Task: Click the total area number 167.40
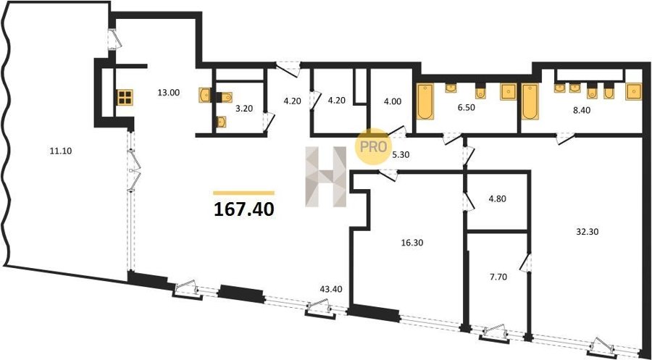pyautogui.click(x=244, y=209)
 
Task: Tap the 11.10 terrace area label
pyautogui.click(x=61, y=151)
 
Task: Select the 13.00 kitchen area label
pyautogui.click(x=168, y=93)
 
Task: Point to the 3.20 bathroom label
pyautogui.click(x=244, y=109)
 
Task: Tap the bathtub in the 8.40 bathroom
pyautogui.click(x=530, y=102)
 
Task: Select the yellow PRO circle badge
pyautogui.click(x=373, y=146)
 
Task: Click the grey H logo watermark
pyautogui.click(x=325, y=177)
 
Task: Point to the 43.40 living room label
pyautogui.click(x=331, y=289)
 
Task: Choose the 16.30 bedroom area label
pyautogui.click(x=411, y=243)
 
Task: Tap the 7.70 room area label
pyautogui.click(x=498, y=277)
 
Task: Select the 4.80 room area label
pyautogui.click(x=496, y=198)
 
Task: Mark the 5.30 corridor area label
pyautogui.click(x=401, y=154)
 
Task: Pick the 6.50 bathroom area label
pyautogui.click(x=466, y=108)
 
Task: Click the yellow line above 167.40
pyautogui.click(x=243, y=193)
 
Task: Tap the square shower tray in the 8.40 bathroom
pyautogui.click(x=634, y=92)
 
